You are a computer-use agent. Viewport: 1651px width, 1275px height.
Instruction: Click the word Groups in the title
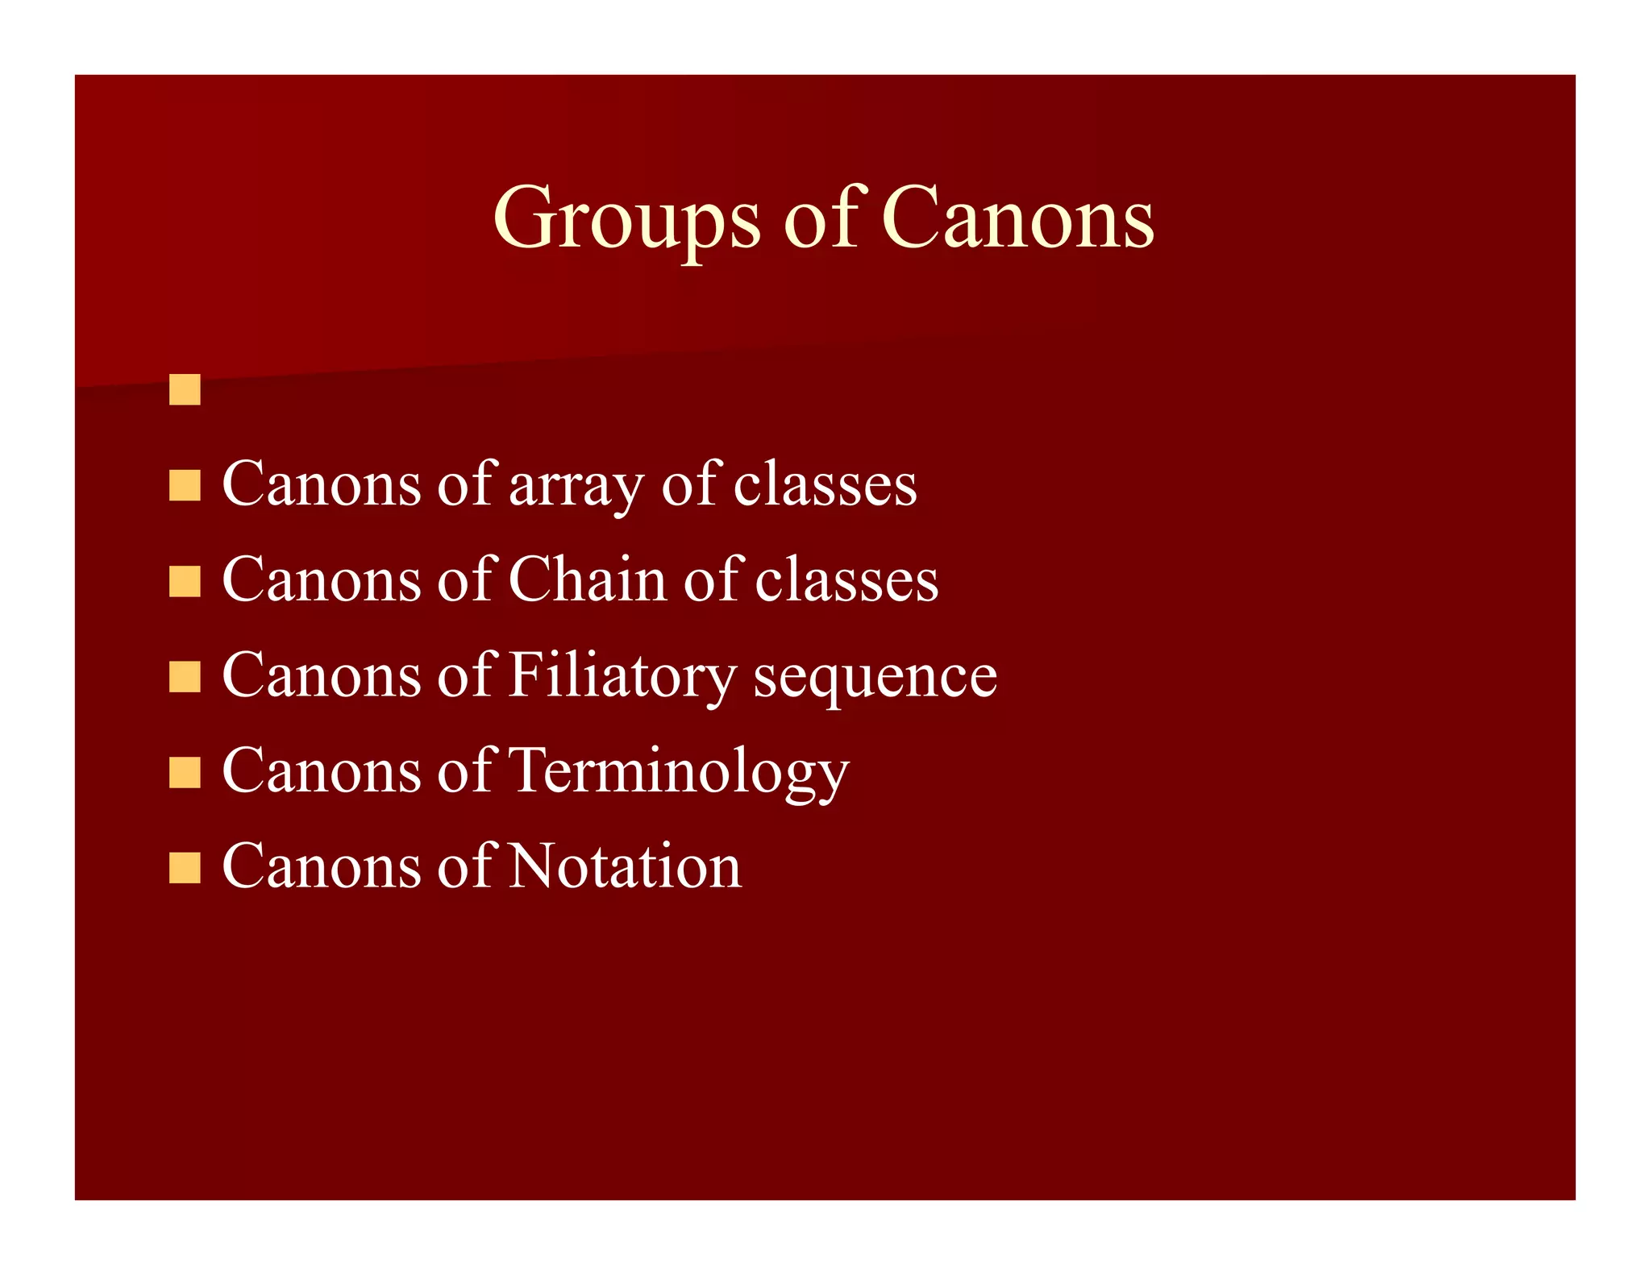point(626,218)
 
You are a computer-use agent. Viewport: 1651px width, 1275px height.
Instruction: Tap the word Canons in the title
point(1017,218)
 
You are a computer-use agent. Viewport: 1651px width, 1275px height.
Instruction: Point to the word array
point(576,486)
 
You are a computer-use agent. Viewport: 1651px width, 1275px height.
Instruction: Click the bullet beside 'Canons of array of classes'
point(185,486)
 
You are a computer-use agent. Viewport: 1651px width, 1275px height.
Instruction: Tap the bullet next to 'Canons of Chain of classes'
point(185,581)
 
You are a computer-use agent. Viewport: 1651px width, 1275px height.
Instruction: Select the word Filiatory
point(622,676)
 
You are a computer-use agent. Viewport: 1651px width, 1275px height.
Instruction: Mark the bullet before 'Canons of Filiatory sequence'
point(185,676)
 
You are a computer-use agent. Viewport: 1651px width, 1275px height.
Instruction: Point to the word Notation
point(625,867)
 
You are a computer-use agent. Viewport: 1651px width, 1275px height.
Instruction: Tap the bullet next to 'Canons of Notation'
point(185,867)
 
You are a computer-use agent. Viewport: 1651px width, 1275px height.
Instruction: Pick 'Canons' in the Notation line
point(322,867)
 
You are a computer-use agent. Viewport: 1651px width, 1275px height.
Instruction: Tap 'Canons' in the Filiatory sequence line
point(322,676)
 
